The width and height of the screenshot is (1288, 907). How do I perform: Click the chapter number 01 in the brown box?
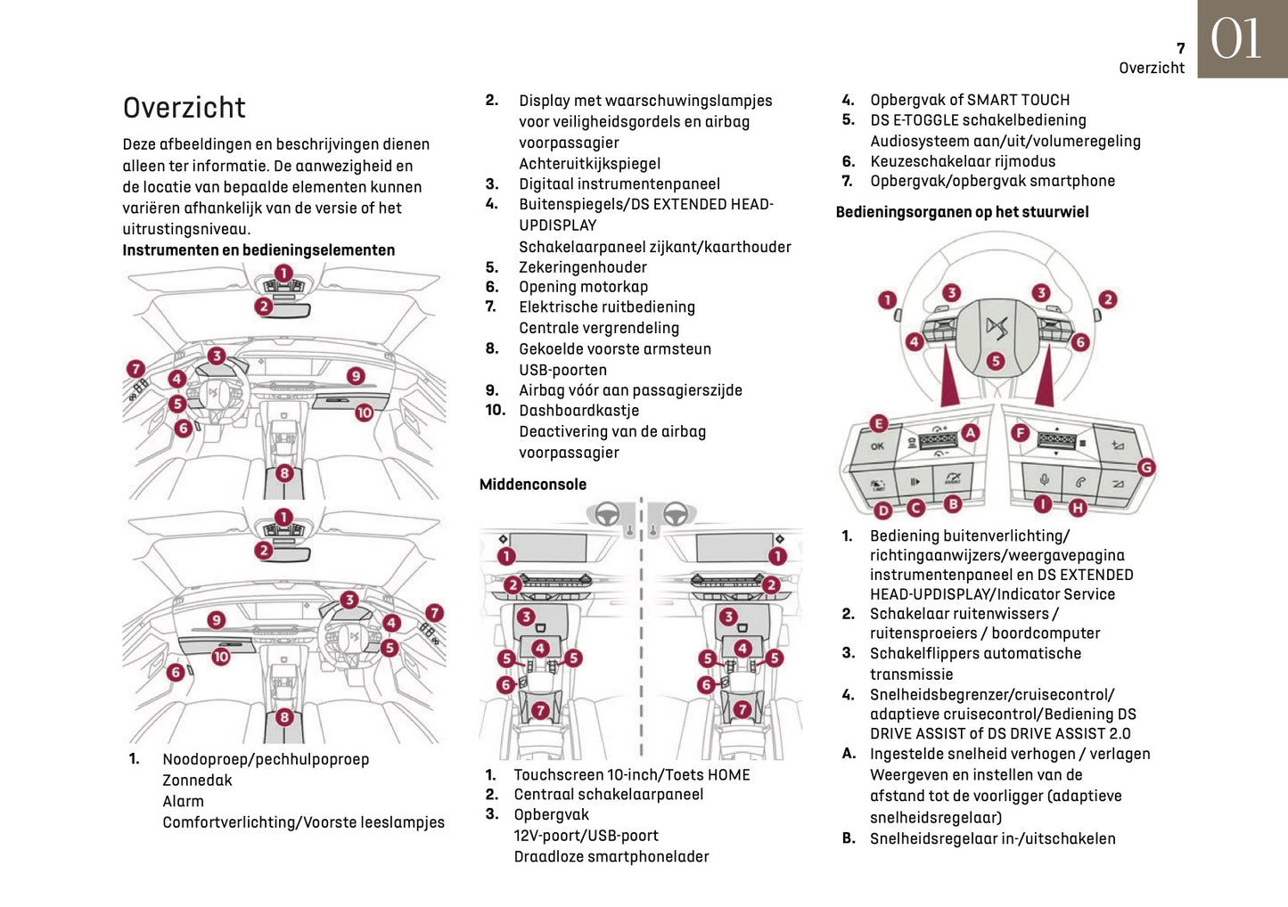point(1236,39)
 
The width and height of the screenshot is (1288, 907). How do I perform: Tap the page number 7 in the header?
point(1180,49)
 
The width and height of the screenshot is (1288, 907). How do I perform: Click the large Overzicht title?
point(184,108)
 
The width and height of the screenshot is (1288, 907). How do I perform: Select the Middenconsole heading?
point(533,485)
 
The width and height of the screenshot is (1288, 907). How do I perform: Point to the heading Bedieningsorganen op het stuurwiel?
point(962,212)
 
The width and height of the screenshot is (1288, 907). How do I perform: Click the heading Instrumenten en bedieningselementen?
point(258,250)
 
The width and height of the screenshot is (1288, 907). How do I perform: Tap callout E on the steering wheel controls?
point(878,423)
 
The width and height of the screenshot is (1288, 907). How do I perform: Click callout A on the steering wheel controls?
point(970,432)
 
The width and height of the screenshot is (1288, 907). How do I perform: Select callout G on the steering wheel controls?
point(1146,467)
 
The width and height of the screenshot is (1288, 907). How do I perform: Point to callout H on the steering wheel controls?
point(1078,508)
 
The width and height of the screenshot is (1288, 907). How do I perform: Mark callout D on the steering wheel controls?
point(882,510)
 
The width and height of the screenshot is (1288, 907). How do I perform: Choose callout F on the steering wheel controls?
point(1020,432)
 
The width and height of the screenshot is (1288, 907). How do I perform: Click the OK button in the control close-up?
point(877,446)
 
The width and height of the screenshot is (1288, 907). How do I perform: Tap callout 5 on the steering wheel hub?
point(996,361)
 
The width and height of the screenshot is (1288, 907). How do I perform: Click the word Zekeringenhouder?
point(583,267)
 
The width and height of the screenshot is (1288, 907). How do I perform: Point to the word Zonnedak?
point(197,780)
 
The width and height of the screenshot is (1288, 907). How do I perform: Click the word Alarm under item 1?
point(183,801)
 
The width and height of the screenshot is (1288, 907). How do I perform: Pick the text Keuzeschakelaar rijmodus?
point(963,161)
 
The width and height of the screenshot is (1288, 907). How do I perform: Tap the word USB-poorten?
point(562,370)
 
